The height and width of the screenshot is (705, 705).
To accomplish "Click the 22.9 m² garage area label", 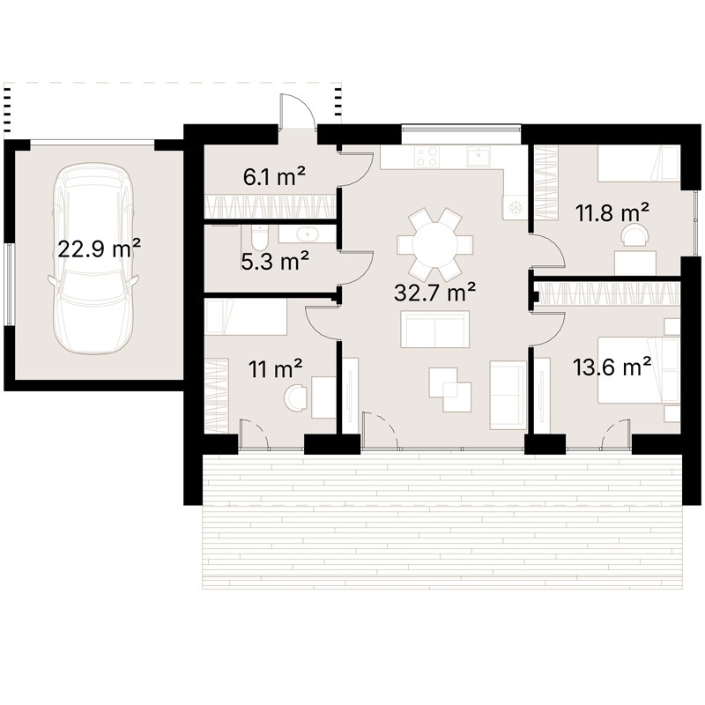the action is pos(100,249).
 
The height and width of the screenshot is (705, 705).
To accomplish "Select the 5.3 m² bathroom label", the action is pos(275,261).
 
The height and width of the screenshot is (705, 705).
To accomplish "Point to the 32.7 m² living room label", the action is pos(434,292).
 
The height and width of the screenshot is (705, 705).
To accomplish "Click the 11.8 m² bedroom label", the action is pos(612,212).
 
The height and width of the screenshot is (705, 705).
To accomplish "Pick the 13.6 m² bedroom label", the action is pos(612,367).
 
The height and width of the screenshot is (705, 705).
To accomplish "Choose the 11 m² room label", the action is pos(275,368).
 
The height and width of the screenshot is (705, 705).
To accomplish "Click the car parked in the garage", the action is pos(92,258).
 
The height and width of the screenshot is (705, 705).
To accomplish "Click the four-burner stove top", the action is pos(427,157).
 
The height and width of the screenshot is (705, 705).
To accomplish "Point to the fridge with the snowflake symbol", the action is pos(515,207).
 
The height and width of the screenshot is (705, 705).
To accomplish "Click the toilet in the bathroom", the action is pos(258,237).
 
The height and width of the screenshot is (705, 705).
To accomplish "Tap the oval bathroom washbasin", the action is pos(308,234).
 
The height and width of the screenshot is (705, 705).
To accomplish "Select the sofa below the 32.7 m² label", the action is pos(434,329).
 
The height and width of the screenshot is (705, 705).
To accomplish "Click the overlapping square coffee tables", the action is pos(450,390).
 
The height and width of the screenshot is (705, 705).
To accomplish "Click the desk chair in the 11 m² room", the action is pos(295,396).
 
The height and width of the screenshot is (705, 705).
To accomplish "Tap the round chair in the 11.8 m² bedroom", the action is pos(634,234).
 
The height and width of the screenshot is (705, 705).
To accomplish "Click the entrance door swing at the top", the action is pos(297,111).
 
